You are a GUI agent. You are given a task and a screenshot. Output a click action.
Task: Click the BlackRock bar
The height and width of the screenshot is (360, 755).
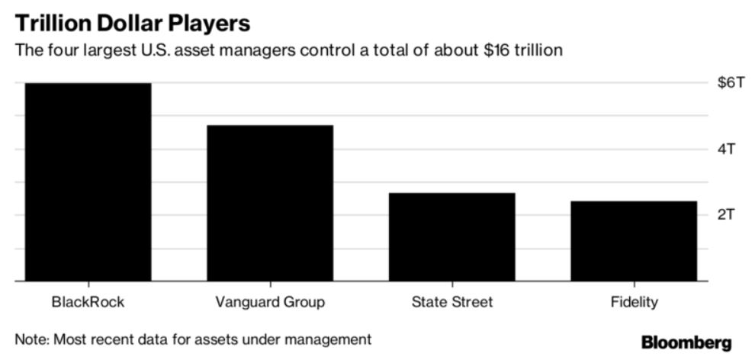88,182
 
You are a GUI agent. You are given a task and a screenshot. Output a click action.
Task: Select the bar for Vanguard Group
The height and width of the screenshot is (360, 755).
270,203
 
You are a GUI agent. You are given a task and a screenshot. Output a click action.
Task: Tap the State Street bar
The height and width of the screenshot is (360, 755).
452,236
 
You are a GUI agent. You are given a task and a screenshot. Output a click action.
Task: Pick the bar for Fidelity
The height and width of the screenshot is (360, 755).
634,241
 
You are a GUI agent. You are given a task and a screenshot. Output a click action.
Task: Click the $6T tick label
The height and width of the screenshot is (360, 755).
727,83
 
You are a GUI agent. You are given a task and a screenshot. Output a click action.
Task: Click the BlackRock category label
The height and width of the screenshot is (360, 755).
88,302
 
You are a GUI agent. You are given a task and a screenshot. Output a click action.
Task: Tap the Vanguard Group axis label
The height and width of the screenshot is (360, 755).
270,302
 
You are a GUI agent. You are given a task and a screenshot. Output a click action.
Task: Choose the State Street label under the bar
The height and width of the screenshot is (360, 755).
452,302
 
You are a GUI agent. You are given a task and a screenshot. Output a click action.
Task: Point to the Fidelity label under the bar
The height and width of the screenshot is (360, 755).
635,303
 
